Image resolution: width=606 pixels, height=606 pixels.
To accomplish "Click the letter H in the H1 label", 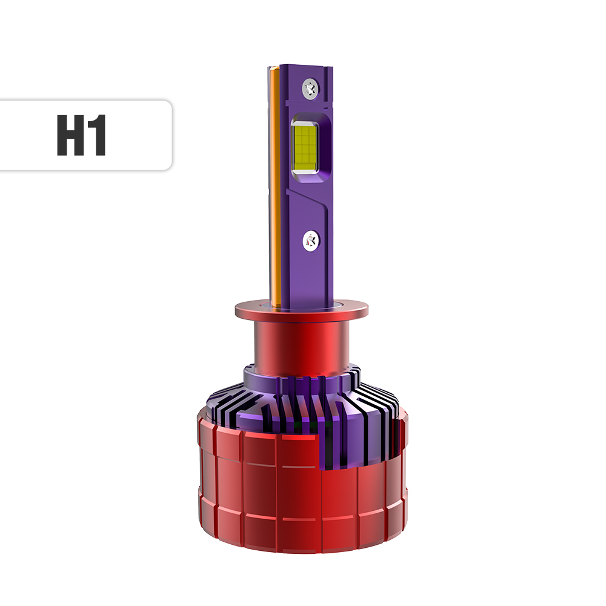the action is (x=71, y=135).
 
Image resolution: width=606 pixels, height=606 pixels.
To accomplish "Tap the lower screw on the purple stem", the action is (x=311, y=240).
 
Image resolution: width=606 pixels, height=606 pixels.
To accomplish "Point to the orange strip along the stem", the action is (x=275, y=185).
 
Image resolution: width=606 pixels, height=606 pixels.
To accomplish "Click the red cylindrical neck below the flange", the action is (x=301, y=345).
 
